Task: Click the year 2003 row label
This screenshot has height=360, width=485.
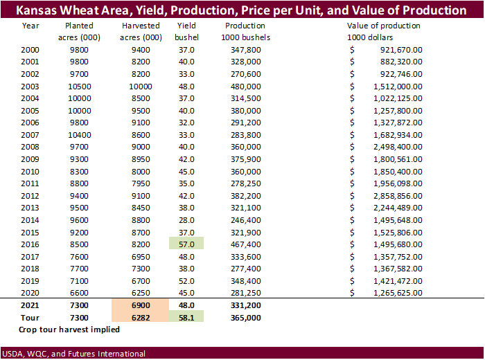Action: point(30,87)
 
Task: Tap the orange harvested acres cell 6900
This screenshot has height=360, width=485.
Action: point(141,305)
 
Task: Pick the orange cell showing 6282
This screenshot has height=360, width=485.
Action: point(141,317)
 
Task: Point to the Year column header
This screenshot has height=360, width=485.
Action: point(30,26)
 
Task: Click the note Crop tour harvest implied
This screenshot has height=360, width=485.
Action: point(69,330)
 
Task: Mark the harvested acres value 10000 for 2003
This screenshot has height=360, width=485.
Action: point(141,87)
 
